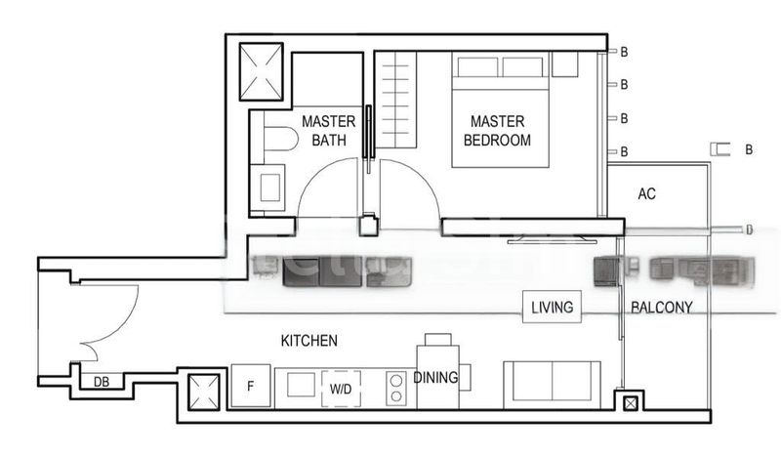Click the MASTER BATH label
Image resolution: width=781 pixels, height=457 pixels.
click(328, 131)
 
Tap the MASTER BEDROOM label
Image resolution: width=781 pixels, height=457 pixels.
click(498, 131)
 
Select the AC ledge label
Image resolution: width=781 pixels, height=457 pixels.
click(646, 193)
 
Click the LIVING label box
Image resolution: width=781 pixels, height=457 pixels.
click(552, 308)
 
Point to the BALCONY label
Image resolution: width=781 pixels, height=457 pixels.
click(661, 308)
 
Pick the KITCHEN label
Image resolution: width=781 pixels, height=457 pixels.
click(308, 341)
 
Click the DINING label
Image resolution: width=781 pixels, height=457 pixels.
click(434, 378)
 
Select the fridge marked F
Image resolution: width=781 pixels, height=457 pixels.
click(250, 386)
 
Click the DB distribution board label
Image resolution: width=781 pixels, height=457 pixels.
click(101, 383)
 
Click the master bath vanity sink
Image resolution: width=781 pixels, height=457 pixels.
click(267, 186)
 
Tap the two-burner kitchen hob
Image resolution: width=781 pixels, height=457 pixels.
click(397, 388)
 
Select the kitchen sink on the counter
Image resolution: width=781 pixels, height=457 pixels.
click(301, 384)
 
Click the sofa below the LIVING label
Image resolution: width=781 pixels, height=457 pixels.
click(552, 381)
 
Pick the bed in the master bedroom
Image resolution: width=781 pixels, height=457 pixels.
click(500, 109)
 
